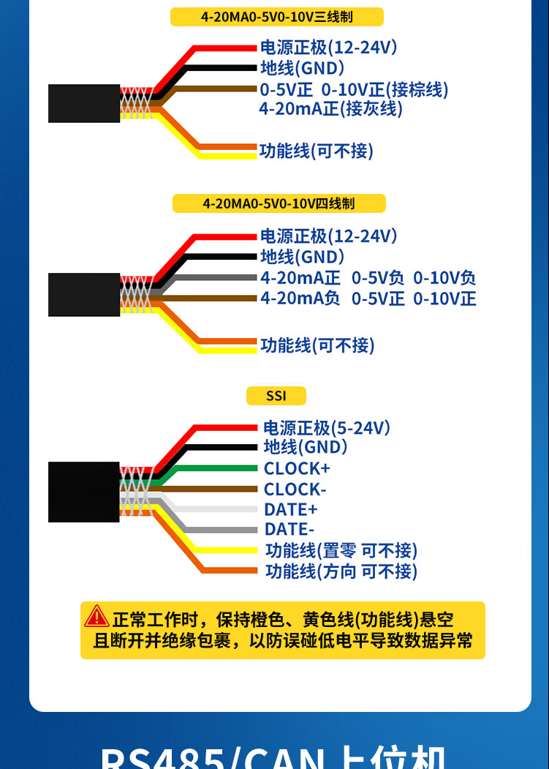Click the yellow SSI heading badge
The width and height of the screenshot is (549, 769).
[x=276, y=396]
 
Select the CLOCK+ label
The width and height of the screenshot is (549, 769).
[x=297, y=468]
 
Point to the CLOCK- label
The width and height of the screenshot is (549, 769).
[x=295, y=489]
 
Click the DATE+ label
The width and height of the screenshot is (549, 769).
[x=291, y=509]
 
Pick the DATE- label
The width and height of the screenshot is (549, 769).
[x=289, y=529]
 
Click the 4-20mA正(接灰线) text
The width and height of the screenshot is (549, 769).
[x=330, y=109]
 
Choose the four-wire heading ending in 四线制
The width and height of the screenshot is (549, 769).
[x=279, y=203]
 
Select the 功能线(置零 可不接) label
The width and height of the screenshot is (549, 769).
[x=341, y=550]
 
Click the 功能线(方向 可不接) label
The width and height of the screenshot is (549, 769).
[x=341, y=571]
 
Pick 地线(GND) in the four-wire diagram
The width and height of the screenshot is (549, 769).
[x=302, y=257]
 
